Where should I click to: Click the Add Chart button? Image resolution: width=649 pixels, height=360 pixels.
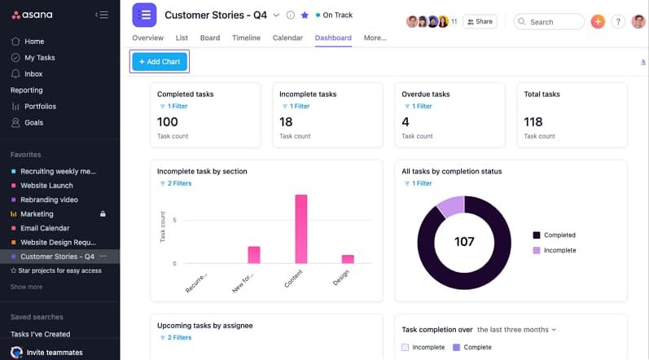pyautogui.click(x=160, y=61)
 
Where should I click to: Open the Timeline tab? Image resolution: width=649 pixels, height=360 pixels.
pyautogui.click(x=246, y=37)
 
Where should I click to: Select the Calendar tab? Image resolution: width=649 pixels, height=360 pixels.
pyautogui.click(x=287, y=37)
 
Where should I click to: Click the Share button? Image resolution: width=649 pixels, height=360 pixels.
pyautogui.click(x=480, y=22)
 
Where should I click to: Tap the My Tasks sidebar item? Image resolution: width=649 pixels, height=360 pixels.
pyautogui.click(x=39, y=58)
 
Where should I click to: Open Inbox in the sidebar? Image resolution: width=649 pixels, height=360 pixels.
pyautogui.click(x=33, y=74)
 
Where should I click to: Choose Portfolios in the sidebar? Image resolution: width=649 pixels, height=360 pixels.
pyautogui.click(x=40, y=107)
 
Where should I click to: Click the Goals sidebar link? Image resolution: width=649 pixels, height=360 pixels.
pyautogui.click(x=33, y=123)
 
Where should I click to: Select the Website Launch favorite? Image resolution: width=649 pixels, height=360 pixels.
pyautogui.click(x=46, y=186)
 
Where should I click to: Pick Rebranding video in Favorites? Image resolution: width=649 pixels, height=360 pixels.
pyautogui.click(x=49, y=200)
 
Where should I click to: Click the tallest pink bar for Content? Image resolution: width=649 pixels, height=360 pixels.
pyautogui.click(x=300, y=229)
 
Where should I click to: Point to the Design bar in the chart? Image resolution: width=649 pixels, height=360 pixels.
pyautogui.click(x=348, y=259)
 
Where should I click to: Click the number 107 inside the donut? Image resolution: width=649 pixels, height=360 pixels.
pyautogui.click(x=464, y=242)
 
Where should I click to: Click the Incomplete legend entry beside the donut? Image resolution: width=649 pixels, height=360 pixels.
pyautogui.click(x=559, y=250)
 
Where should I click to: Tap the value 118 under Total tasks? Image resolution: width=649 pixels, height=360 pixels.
pyautogui.click(x=533, y=122)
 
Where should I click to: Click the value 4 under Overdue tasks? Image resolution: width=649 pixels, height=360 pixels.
pyautogui.click(x=406, y=122)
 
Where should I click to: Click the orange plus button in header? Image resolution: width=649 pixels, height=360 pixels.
pyautogui.click(x=598, y=22)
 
